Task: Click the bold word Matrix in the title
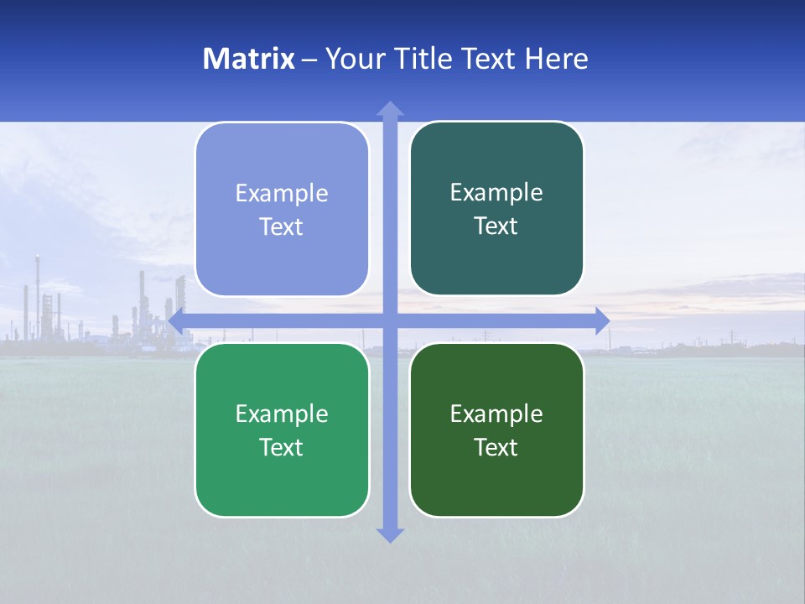point(249,59)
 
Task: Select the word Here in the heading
point(557,59)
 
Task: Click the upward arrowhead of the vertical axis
point(390,109)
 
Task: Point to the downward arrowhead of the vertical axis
point(390,534)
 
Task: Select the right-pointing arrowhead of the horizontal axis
point(601,320)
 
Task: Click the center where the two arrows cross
point(390,320)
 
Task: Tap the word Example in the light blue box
point(282,194)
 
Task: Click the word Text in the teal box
point(496,226)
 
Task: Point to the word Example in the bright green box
point(282,414)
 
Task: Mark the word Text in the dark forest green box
point(496,448)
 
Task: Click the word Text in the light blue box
point(282,227)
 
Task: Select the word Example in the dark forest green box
point(496,414)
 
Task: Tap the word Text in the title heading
point(490,59)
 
